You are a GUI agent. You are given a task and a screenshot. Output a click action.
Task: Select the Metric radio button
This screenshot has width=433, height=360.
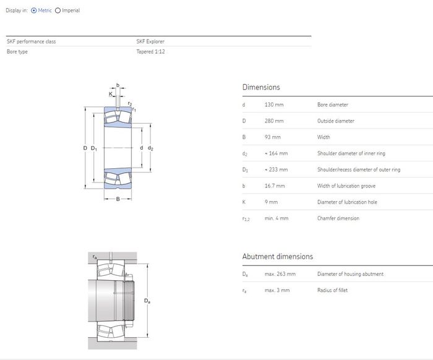pyautogui.click(x=33, y=11)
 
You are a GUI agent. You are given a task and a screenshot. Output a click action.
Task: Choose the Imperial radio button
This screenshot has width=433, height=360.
pyautogui.click(x=58, y=11)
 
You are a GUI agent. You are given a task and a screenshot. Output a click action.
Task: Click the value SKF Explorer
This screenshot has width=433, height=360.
pyautogui.click(x=150, y=41)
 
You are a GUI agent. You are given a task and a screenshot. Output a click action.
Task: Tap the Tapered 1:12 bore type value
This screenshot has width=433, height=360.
pyautogui.click(x=150, y=51)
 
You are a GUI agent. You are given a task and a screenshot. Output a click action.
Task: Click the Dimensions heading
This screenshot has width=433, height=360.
pyautogui.click(x=261, y=87)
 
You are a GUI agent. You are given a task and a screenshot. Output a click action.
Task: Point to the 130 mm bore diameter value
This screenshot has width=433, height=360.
pyautogui.click(x=274, y=105)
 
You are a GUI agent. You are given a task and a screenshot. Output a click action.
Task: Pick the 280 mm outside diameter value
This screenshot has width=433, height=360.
pyautogui.click(x=274, y=121)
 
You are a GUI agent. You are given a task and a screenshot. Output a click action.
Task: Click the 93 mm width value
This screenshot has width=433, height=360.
pyautogui.click(x=273, y=137)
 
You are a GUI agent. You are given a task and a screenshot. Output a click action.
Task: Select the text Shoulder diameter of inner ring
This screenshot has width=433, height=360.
pyautogui.click(x=351, y=153)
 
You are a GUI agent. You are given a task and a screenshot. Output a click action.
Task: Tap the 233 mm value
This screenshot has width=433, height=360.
pyautogui.click(x=276, y=169)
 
